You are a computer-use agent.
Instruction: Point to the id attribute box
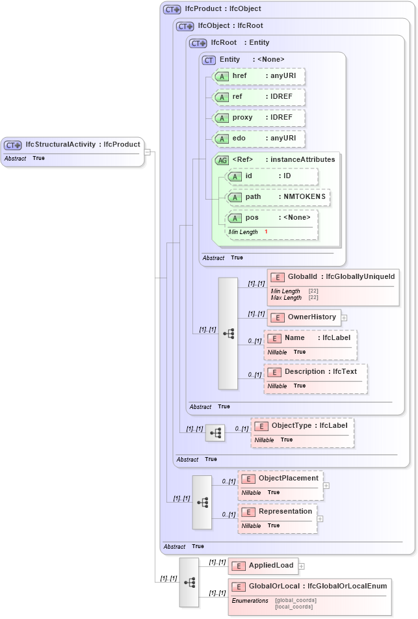coord(272,176)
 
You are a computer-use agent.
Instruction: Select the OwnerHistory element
coord(303,317)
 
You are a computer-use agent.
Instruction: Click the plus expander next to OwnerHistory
coord(344,318)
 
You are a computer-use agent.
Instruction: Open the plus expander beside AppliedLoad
coord(302,566)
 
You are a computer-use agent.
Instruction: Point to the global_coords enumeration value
coord(296,600)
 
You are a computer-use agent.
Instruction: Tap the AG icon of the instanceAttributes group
coord(222,160)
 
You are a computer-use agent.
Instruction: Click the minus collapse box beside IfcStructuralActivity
coord(148,152)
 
